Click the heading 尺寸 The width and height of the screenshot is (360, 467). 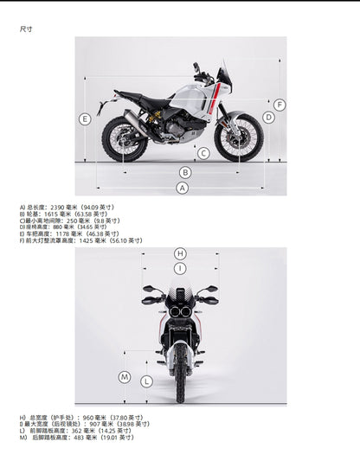click(26, 29)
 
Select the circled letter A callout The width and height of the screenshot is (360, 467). click(183, 188)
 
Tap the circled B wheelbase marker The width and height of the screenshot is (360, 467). click(184, 172)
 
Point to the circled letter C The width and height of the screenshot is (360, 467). click(202, 154)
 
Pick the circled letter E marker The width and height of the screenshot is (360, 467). click(84, 118)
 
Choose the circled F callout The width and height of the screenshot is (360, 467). click(280, 105)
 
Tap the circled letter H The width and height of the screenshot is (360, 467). click(180, 253)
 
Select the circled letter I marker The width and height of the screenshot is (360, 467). click(180, 269)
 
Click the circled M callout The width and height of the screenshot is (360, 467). click(125, 377)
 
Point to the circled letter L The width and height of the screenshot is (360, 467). click(147, 381)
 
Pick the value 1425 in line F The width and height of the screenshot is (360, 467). click(86, 240)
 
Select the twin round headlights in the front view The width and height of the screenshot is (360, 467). click(180, 310)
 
